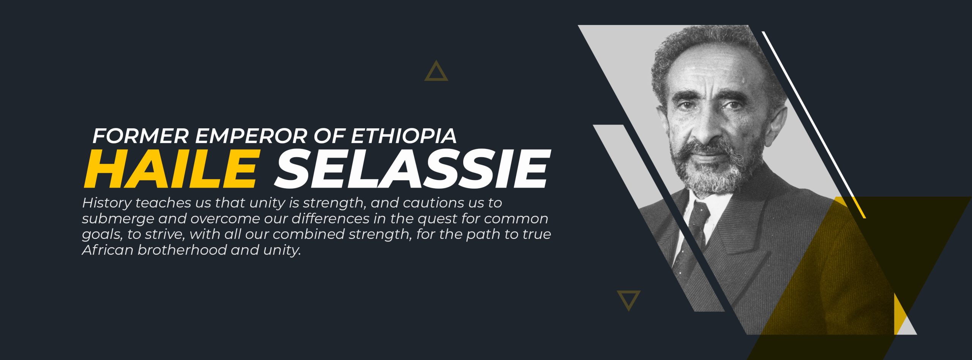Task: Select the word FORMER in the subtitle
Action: point(140,136)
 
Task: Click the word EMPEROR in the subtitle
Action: point(251,136)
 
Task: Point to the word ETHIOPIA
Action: point(403,136)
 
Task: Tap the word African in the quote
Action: point(108,250)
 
